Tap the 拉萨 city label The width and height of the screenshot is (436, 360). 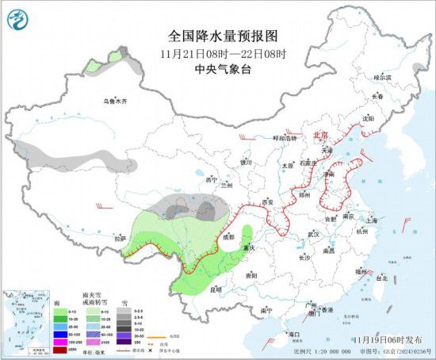[x=120, y=237]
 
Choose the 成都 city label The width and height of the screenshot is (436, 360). [x=228, y=236]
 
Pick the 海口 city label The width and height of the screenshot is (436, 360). [x=294, y=334]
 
